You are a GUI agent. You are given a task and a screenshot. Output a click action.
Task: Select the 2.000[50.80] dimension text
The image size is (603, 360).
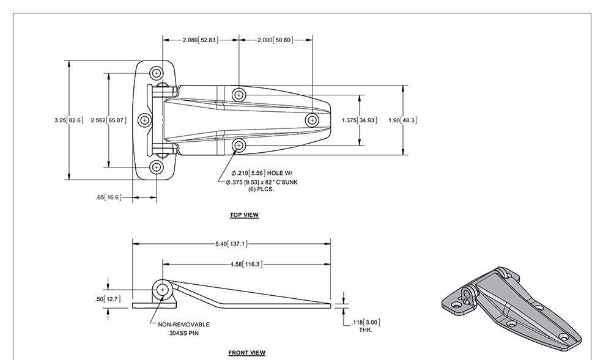tap(275, 40)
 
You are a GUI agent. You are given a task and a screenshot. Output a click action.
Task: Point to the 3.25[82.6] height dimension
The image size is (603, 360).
tap(68, 120)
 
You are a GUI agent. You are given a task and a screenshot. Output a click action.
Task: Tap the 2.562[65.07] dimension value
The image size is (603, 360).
tap(108, 120)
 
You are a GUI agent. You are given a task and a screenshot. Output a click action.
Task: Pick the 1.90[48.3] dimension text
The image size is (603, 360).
tap(403, 120)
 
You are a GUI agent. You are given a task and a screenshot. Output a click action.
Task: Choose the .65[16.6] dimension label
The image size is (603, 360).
tap(108, 197)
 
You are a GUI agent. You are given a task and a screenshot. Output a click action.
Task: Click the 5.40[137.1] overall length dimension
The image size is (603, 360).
tap(231, 244)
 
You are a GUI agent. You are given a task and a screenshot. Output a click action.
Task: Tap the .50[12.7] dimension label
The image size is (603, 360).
tap(108, 299)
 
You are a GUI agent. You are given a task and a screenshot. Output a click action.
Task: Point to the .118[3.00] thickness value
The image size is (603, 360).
tap(366, 322)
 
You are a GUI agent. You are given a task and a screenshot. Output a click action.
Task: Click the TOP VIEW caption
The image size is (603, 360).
tap(244, 215)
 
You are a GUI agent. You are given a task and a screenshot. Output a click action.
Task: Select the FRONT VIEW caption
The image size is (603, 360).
tap(246, 353)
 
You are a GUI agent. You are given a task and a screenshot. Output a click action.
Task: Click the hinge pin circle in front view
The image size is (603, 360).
tap(162, 290)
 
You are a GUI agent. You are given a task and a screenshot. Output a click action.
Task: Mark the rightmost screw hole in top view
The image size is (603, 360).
tap(312, 120)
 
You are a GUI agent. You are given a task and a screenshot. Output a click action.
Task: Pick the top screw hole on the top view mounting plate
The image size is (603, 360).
tap(158, 74)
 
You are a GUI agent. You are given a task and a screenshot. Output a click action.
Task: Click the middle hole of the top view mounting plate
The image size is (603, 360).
tap(144, 120)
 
